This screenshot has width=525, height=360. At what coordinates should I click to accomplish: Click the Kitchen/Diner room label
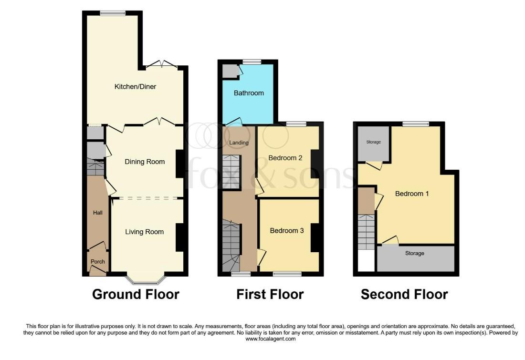point(135,87)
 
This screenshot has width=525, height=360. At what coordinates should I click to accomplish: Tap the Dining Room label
point(145,162)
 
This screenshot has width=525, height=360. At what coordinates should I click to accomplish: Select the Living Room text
point(144,232)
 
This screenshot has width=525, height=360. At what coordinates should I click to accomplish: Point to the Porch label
point(98,262)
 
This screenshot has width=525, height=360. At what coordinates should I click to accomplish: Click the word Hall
point(98,213)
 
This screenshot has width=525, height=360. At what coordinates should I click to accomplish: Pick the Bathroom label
point(249,93)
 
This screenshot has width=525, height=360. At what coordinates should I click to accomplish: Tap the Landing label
point(239,143)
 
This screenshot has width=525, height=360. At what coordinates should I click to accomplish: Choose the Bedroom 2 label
point(285,158)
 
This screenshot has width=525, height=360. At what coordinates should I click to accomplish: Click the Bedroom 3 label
point(287,230)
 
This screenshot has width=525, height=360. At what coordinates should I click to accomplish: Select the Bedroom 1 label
point(412,194)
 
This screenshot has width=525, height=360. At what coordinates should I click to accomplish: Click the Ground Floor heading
point(136,294)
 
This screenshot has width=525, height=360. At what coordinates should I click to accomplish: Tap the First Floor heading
point(270,294)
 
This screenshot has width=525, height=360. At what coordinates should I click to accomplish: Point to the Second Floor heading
point(404,294)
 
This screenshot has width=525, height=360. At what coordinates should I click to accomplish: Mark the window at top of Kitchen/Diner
point(113,13)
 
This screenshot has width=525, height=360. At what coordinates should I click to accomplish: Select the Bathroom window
point(252,62)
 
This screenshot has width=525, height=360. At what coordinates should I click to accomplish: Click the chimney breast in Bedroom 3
point(315,237)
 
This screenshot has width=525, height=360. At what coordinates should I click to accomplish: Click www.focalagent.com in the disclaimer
point(271,339)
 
